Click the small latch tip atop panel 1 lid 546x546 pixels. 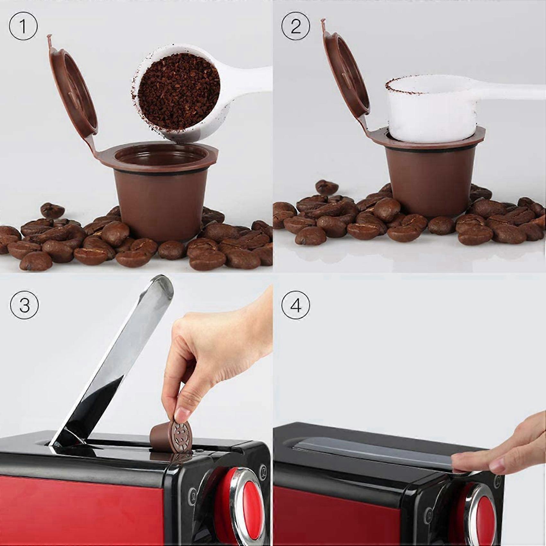pos(49,39)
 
